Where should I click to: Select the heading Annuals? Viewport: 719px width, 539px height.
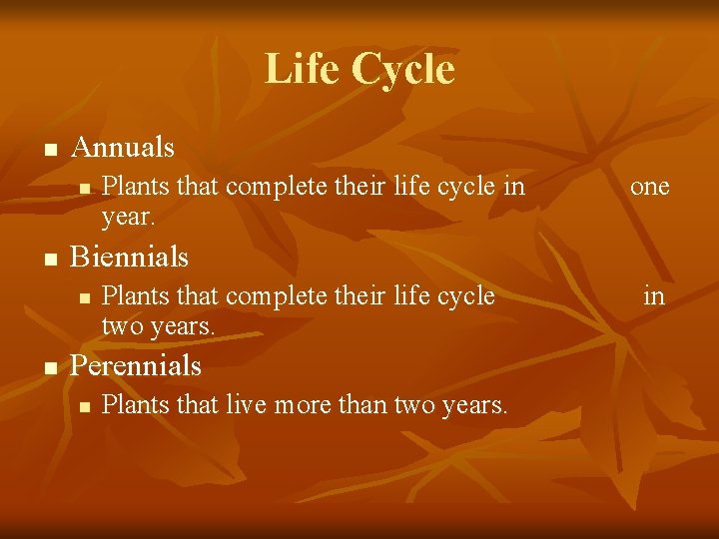coord(124,148)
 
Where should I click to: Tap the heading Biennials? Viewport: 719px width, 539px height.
coord(130,258)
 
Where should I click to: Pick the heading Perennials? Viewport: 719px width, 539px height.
coord(137,366)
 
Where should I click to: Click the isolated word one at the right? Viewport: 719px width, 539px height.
coord(649,187)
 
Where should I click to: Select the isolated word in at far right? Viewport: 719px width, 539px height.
coord(654,295)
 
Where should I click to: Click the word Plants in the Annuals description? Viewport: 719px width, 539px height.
coord(135,187)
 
